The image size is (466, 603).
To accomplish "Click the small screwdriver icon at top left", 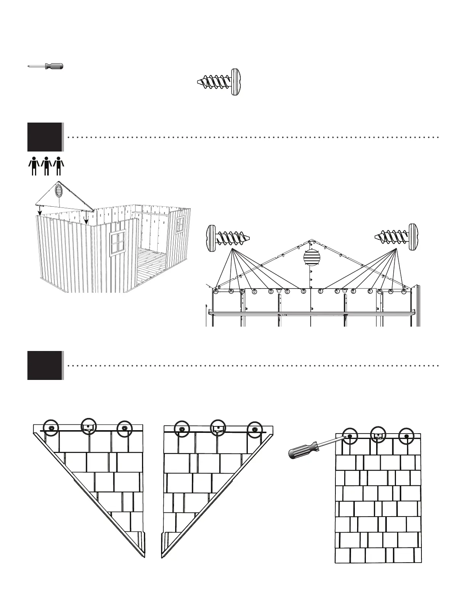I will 45,66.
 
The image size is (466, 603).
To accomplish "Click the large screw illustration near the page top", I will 220,81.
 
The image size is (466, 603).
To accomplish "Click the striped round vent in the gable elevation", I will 311,258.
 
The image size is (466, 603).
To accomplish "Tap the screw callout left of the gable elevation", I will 228,238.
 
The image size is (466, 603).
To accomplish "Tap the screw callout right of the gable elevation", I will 396,237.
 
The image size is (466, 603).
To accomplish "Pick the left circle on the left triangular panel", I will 51,428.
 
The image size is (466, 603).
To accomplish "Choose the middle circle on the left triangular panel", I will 89,426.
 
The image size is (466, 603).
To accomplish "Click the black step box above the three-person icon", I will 45,137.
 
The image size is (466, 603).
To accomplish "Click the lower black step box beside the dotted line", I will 45,365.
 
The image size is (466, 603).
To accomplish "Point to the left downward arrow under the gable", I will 40,210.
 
